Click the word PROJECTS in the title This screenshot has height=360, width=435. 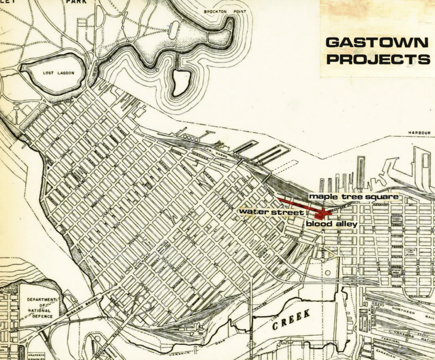pyautogui.click(x=378, y=59)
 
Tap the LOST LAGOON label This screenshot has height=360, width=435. pyautogui.click(x=59, y=73)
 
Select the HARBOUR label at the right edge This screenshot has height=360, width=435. pyautogui.click(x=419, y=133)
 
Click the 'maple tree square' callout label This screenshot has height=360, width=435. pyautogui.click(x=353, y=197)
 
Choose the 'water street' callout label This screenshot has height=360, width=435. pyautogui.click(x=271, y=212)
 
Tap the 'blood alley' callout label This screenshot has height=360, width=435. pyautogui.click(x=332, y=223)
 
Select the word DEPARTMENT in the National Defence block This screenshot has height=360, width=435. pyautogui.click(x=42, y=299)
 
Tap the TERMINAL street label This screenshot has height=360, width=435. pyautogui.click(x=390, y=341)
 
